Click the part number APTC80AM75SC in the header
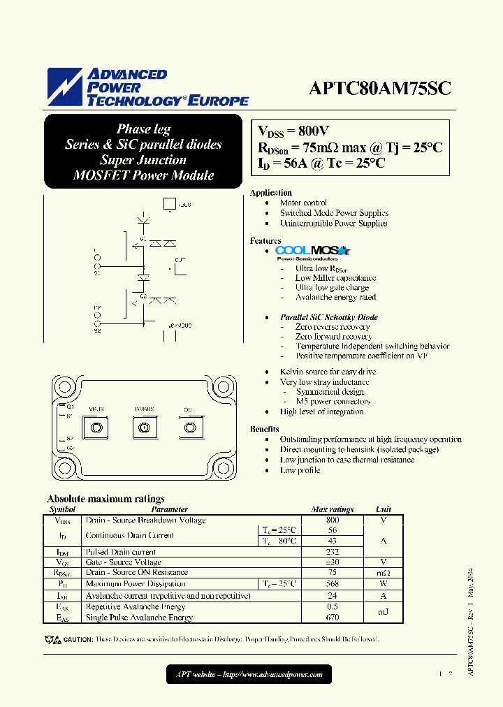click(380, 89)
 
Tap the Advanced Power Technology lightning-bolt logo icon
click(65, 87)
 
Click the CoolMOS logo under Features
click(312, 252)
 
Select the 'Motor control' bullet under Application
click(303, 203)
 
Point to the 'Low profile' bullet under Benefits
click(300, 470)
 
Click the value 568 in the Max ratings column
click(332, 583)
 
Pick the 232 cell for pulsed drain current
click(332, 552)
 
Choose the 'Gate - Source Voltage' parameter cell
click(123, 562)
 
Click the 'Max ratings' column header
click(332, 509)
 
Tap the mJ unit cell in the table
click(384, 612)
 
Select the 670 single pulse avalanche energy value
click(332, 618)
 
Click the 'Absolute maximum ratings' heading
click(105, 499)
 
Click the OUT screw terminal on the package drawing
click(188, 428)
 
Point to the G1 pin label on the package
click(70, 406)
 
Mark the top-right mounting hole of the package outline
click(225, 386)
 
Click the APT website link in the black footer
click(249, 674)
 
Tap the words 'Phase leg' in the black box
click(143, 129)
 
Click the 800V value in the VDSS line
click(312, 131)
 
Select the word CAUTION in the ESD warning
click(78, 639)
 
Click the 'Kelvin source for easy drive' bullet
click(328, 372)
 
